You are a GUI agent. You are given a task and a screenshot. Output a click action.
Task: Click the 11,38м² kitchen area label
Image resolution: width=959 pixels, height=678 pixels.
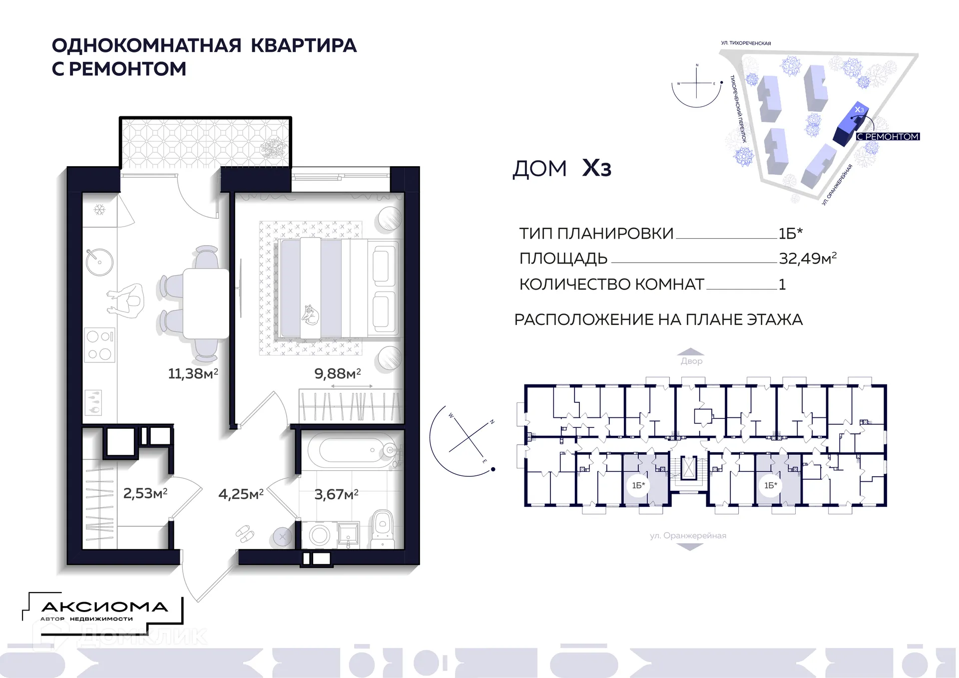coord(193,373)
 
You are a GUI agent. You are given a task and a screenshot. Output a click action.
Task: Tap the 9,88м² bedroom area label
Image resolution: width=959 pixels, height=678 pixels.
coord(337,373)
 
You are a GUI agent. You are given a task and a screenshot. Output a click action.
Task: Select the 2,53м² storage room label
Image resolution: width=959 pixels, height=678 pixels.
coord(145,493)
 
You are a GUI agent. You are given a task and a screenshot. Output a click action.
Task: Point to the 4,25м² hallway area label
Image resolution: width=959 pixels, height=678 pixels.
coord(241,494)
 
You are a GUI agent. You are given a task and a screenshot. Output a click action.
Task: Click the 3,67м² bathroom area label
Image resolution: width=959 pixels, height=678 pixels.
coord(336,494)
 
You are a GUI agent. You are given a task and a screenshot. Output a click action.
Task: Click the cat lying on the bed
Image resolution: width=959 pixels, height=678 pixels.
coord(310,315)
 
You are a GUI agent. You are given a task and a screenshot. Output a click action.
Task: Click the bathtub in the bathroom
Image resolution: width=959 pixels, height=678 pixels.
coord(350,451)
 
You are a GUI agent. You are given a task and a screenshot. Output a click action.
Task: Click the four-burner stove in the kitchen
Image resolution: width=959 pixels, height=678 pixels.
coord(99,344)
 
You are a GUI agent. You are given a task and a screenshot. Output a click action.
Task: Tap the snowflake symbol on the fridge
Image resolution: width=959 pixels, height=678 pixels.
coord(99,210)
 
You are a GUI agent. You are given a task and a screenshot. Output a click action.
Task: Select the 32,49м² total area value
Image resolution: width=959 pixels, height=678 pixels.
coord(807,258)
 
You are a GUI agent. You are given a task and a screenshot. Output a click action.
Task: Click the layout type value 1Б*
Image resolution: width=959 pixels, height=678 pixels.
coord(790,233)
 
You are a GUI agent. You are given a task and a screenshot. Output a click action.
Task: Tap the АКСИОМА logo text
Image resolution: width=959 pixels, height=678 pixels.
coord(104,607)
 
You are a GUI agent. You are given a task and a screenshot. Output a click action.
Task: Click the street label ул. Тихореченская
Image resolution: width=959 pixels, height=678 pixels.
coord(746,43)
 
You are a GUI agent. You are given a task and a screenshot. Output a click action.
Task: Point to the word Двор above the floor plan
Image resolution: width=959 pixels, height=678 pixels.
coord(691,361)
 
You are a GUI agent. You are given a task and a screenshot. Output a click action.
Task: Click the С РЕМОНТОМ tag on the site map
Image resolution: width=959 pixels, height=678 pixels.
coord(888,136)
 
